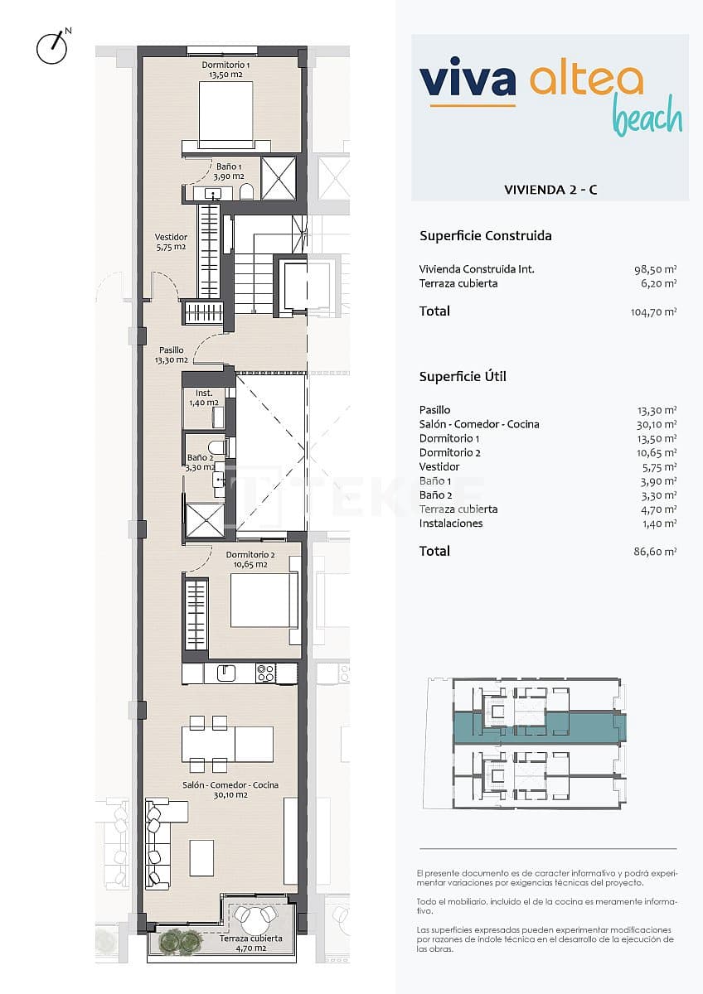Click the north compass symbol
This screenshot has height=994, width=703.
[x=51, y=48]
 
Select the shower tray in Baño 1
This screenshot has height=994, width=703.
[x=279, y=177]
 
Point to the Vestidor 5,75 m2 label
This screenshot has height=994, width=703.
[x=171, y=242]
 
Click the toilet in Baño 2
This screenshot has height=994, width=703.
[x=216, y=448]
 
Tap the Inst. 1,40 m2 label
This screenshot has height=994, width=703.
[x=204, y=398]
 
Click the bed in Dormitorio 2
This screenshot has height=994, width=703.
[x=264, y=601]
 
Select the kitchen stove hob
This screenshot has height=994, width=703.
[x=265, y=673]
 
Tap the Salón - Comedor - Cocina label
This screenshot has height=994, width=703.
[x=231, y=789]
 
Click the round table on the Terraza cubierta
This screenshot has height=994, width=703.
[x=254, y=915]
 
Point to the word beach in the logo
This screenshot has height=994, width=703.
[x=647, y=118]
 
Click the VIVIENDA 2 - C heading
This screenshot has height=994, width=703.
[x=550, y=190]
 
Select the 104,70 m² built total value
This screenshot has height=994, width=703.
[x=653, y=312]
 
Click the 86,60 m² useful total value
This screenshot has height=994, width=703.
[x=655, y=552]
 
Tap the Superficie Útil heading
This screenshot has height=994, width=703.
[x=463, y=376]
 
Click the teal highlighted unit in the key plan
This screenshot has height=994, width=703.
[x=539, y=726]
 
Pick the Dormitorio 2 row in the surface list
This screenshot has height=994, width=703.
[x=450, y=452]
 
